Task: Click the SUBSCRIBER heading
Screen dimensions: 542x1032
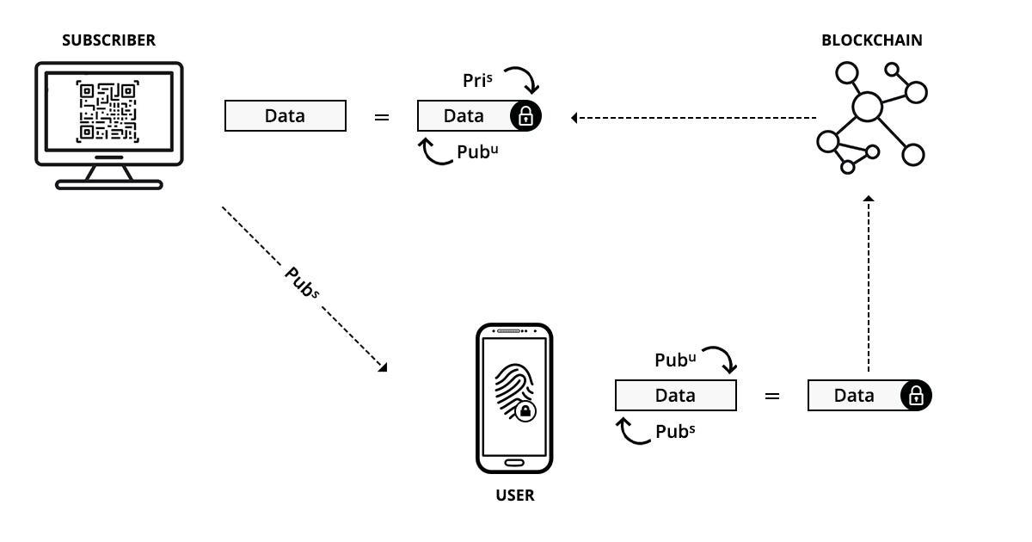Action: point(108,40)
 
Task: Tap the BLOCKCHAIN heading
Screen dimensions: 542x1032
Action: point(871,40)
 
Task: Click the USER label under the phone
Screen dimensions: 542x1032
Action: point(514,496)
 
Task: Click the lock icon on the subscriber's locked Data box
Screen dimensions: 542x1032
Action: point(525,116)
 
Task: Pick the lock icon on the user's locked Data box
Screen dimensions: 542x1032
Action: point(916,396)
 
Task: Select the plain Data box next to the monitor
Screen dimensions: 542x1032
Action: point(285,115)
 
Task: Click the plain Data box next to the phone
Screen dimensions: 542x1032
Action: point(675,396)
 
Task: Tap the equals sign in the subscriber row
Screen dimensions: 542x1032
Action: point(382,116)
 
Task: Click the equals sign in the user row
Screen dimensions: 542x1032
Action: point(772,396)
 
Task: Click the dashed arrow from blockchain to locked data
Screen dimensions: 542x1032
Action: point(693,117)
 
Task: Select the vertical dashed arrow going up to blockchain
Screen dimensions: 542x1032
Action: point(869,284)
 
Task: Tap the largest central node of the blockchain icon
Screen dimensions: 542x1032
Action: point(867,107)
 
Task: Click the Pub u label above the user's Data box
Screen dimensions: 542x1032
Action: point(675,360)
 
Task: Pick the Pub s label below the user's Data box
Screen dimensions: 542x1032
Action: point(675,432)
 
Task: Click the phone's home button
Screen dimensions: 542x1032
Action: point(513,463)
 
